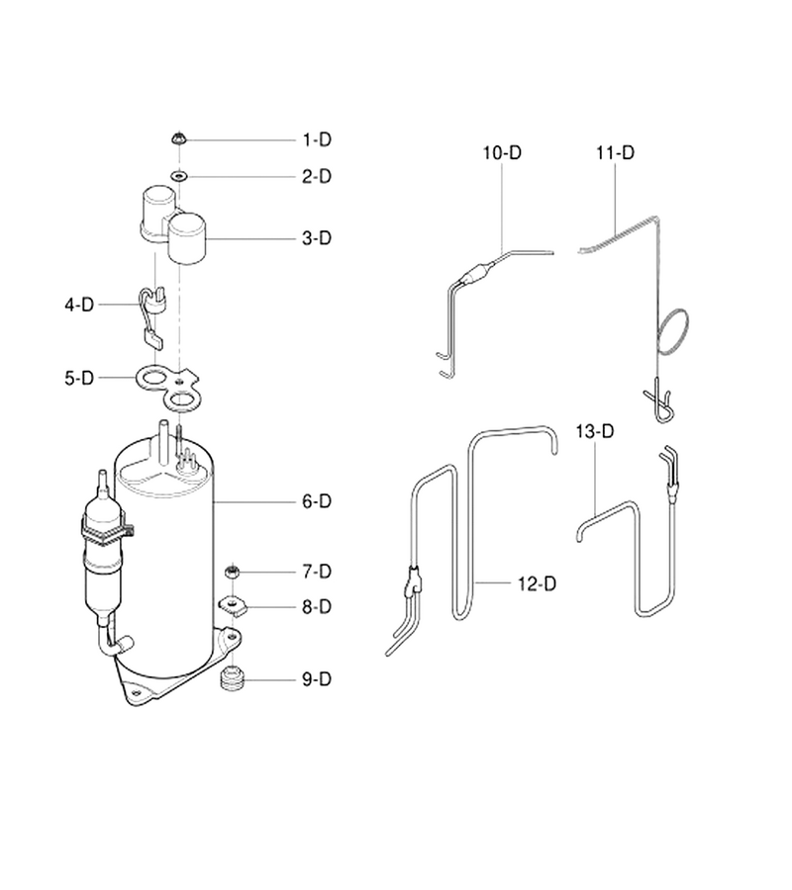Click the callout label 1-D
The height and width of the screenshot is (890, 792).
pos(317,139)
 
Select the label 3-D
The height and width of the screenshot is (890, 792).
pos(317,237)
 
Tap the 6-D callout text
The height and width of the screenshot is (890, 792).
pos(317,501)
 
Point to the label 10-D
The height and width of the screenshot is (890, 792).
pos(502,152)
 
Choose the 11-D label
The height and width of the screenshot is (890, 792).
pos(616,152)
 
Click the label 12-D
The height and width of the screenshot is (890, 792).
pos(537,583)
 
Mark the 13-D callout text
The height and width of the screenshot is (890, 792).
pos(595,431)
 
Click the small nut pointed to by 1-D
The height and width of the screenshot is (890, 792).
pos(178,138)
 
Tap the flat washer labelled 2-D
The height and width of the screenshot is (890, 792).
pos(179,177)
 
